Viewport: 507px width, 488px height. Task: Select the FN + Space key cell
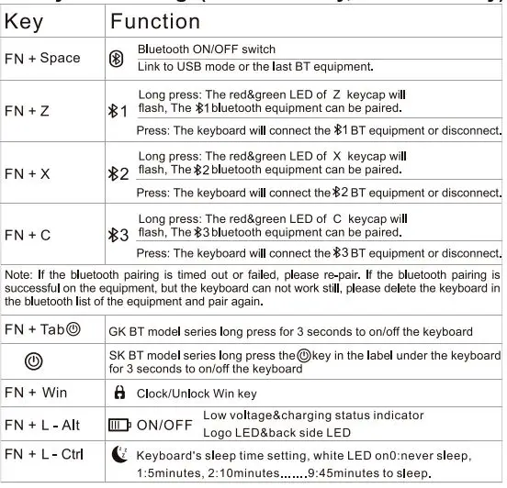41,58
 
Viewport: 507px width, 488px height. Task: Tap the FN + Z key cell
28,111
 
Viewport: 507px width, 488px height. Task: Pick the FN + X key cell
28,172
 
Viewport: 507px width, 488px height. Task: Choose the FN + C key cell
28,235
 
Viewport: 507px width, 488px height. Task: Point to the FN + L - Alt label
42,425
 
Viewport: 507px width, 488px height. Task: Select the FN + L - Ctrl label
44,455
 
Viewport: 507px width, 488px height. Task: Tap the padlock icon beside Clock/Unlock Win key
118,393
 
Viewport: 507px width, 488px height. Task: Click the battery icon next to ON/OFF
119,425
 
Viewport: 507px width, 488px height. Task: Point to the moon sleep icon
119,454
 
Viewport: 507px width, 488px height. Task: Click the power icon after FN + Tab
74,328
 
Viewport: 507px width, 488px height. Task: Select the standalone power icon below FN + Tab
33,360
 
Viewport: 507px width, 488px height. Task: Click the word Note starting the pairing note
17,273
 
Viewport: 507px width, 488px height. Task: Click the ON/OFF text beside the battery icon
164,425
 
